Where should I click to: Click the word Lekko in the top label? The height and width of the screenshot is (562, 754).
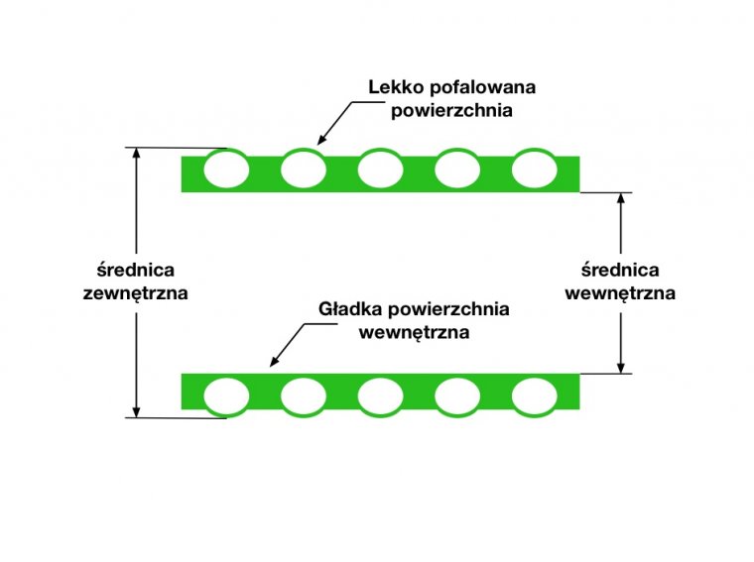[392, 87]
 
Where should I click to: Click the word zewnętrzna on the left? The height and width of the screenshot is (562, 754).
[136, 293]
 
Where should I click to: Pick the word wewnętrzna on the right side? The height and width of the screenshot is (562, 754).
[620, 293]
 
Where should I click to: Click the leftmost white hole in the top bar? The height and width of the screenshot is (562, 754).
[226, 169]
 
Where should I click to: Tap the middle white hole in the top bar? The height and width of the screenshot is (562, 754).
[380, 169]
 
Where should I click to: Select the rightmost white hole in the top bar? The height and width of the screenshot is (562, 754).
[535, 169]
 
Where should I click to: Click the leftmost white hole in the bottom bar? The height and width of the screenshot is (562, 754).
[226, 395]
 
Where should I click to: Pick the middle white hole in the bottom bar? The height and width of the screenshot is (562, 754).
[380, 395]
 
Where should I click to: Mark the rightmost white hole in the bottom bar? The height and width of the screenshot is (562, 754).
[535, 395]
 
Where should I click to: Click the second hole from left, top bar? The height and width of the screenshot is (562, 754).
[304, 169]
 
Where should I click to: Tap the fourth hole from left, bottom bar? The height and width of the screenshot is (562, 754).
[457, 395]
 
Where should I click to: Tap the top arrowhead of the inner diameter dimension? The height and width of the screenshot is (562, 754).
[620, 198]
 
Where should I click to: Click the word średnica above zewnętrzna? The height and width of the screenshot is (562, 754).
[136, 270]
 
